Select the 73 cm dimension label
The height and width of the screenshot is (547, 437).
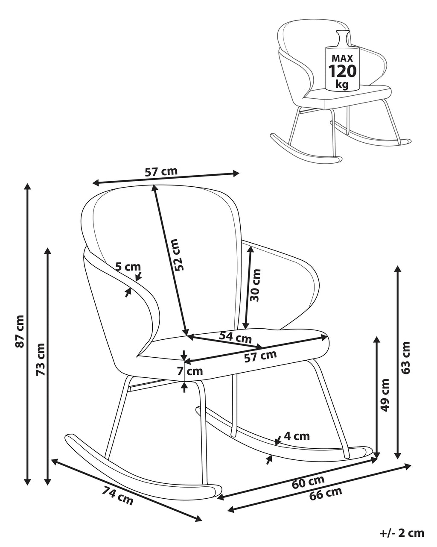pos(41,359)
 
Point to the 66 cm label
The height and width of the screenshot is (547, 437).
pos(326,493)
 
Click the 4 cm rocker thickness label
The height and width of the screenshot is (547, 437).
pos(297,436)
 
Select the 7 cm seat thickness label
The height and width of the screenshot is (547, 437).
pos(190,371)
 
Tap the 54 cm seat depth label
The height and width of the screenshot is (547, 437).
pos(236,337)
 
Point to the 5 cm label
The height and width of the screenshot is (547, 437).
pos(128,267)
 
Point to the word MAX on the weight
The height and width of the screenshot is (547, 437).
pos(342,58)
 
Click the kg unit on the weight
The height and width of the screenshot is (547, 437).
pos(342,84)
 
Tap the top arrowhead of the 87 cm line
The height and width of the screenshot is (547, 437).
pos(28,187)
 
